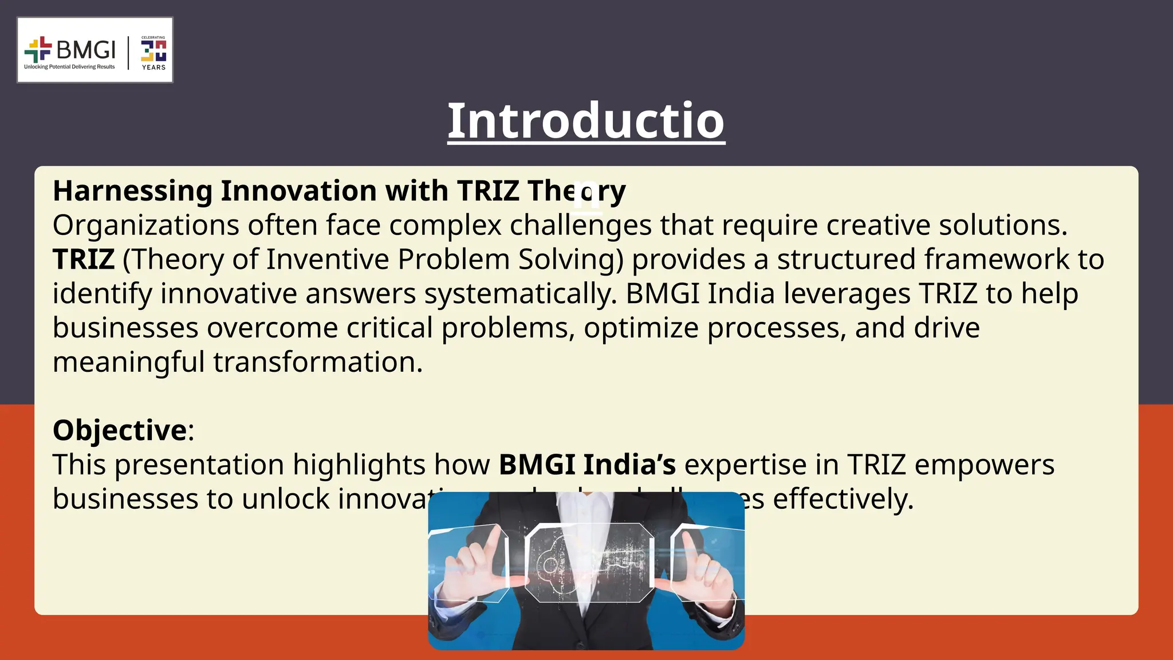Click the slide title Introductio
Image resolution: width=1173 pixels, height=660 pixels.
[x=585, y=121]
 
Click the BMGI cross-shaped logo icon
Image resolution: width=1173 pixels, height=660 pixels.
[x=38, y=50]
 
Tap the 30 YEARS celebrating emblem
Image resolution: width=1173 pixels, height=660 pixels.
[x=153, y=52]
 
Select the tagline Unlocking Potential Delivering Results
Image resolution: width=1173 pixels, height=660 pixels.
[x=69, y=67]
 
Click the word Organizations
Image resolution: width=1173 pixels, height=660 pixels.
[x=145, y=225]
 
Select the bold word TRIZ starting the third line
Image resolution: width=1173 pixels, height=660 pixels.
[x=84, y=260]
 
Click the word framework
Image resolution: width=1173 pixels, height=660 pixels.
[x=996, y=260]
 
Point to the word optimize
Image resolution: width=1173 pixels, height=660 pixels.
[x=641, y=328]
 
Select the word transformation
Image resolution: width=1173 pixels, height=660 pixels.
[x=318, y=363]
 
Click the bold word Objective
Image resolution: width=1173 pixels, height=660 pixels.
[x=119, y=430]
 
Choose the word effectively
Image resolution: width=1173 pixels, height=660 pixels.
[x=843, y=499]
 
